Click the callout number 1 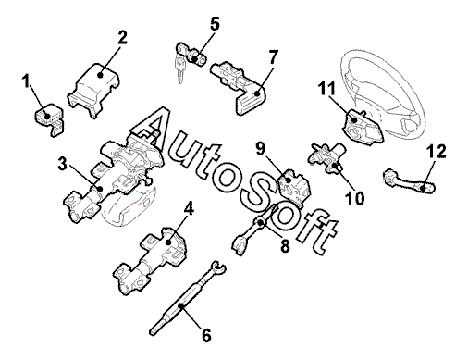point(26,81)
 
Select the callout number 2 point(122,38)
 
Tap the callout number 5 point(214,24)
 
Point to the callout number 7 point(273,56)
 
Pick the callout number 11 point(326,89)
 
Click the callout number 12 point(437,151)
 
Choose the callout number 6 point(206,335)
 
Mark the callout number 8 point(285,246)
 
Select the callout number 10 point(354,198)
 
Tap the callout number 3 point(62,163)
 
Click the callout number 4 point(189,210)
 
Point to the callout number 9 point(260,149)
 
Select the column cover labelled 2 point(93,90)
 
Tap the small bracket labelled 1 point(49,119)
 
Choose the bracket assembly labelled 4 point(151,261)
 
